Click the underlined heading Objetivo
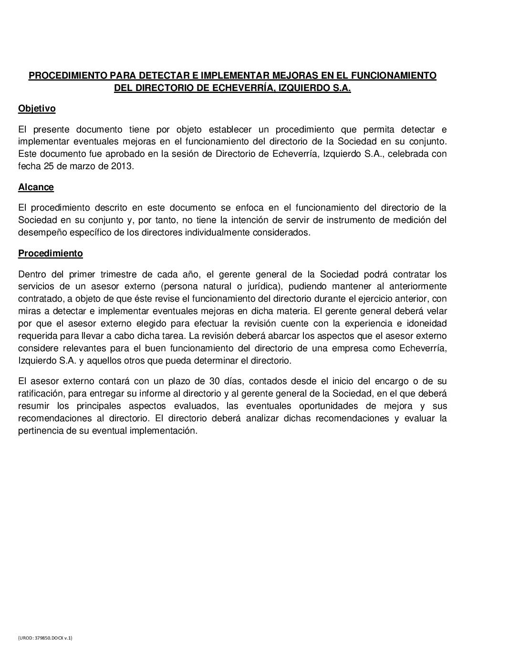tap(37, 109)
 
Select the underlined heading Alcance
tap(36, 187)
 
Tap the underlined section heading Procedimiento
tap(51, 253)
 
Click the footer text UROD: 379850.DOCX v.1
tap(45, 638)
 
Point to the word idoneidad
tap(423, 324)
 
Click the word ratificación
tap(41, 394)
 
